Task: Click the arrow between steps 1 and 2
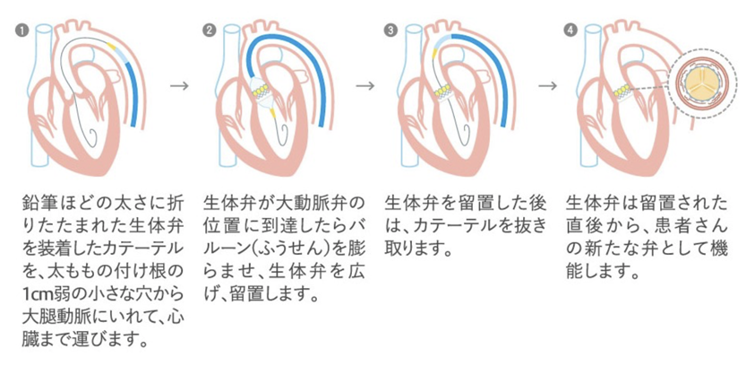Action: point(180,85)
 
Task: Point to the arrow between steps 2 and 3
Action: point(365,85)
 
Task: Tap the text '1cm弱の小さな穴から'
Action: point(90,293)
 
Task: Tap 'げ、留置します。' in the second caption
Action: point(261,293)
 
